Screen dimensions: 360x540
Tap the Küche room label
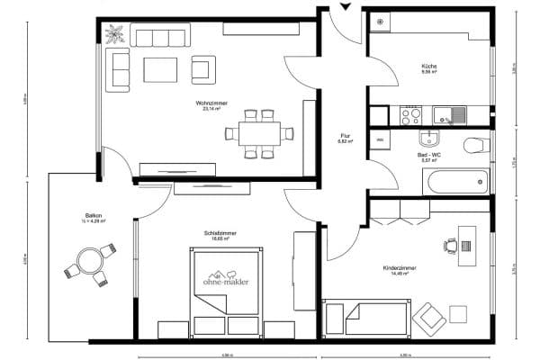pyautogui.click(x=428, y=67)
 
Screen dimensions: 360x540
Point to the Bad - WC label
pyautogui.click(x=428, y=155)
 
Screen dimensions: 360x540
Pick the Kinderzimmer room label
pyautogui.click(x=396, y=267)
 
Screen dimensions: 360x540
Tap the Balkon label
pyautogui.click(x=93, y=216)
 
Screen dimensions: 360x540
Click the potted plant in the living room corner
pyautogui.click(x=116, y=36)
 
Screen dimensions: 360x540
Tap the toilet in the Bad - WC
pyautogui.click(x=473, y=145)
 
